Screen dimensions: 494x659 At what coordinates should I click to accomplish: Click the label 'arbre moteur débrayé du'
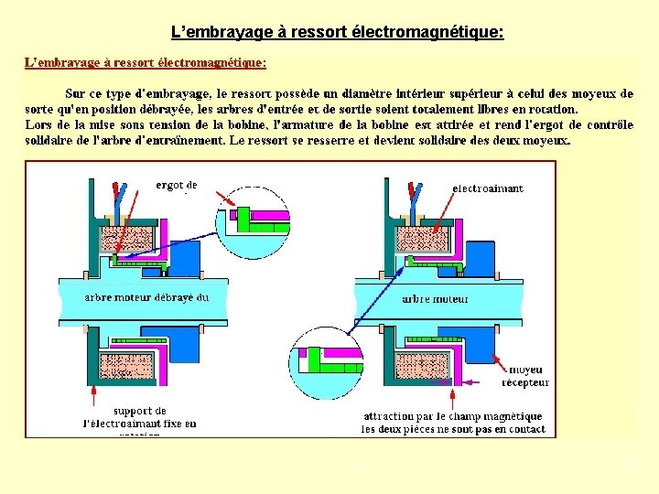(x=146, y=296)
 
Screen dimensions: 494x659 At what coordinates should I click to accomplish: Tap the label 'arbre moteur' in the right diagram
(x=435, y=298)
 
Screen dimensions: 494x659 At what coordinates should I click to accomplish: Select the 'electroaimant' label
(x=488, y=188)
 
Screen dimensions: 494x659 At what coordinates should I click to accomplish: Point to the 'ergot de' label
(x=176, y=186)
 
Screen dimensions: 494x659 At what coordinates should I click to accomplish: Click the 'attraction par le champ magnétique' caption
(x=453, y=415)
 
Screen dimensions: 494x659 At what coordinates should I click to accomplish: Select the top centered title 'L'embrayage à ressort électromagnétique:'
(x=338, y=33)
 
